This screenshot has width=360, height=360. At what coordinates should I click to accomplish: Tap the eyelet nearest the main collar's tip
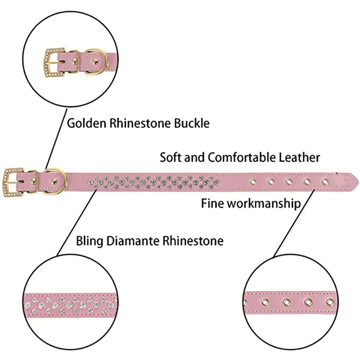tap(325, 181)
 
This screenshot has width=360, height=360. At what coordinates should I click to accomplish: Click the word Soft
tap(170, 157)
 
